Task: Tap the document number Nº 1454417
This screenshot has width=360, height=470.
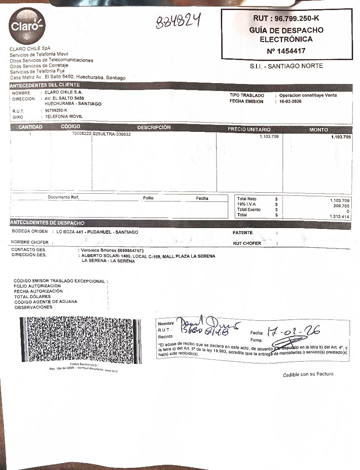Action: [286, 51]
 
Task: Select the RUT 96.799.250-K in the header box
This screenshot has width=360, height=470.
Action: [286, 18]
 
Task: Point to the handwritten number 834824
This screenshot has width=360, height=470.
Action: [178, 21]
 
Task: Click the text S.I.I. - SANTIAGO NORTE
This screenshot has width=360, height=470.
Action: [286, 66]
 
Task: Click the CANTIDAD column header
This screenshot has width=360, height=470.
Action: [30, 127]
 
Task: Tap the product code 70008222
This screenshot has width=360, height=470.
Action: [82, 134]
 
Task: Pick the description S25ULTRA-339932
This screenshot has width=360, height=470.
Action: [112, 134]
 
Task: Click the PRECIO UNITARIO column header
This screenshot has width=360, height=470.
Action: [249, 129]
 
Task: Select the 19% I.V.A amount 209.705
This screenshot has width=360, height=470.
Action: [341, 206]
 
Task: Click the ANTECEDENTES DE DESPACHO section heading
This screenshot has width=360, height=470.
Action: [47, 223]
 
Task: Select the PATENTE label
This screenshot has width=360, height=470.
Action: [243, 233]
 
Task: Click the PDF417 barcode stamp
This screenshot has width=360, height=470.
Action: [80, 340]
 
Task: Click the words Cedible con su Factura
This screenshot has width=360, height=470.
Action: [308, 375]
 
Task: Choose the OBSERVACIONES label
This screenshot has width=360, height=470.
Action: [33, 307]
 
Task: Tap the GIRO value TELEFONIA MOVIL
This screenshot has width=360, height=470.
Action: [64, 117]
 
